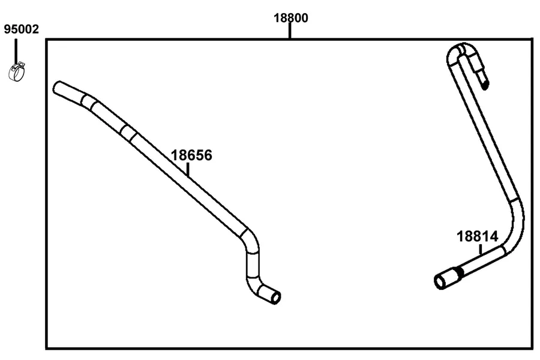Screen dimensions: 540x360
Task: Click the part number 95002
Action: point(22,29)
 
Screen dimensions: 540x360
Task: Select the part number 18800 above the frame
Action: point(290,18)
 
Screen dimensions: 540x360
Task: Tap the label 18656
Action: point(191,155)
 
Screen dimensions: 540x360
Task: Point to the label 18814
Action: point(478,236)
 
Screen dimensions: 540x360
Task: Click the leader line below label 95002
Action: point(16,52)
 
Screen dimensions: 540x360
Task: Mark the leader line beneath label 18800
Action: point(290,31)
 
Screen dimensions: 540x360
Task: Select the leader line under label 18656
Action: point(188,169)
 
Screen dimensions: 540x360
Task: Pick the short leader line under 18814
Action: point(480,250)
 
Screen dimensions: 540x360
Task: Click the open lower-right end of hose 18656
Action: point(276,297)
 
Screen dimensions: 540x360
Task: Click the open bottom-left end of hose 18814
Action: point(440,282)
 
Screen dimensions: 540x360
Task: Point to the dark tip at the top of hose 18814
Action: point(485,85)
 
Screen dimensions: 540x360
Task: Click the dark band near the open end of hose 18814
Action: point(459,272)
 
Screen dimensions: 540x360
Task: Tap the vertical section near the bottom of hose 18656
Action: point(253,265)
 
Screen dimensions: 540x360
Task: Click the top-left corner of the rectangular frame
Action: point(46,40)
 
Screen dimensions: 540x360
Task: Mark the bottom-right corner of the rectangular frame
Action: point(532,349)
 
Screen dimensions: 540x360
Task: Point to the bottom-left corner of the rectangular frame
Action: point(46,349)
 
